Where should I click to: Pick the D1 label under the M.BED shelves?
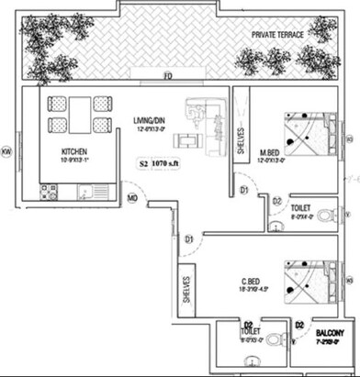pos(244,190)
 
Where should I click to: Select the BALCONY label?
pos(332,332)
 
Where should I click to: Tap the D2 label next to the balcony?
pos(299,325)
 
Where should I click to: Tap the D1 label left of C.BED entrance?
pos(187,239)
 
